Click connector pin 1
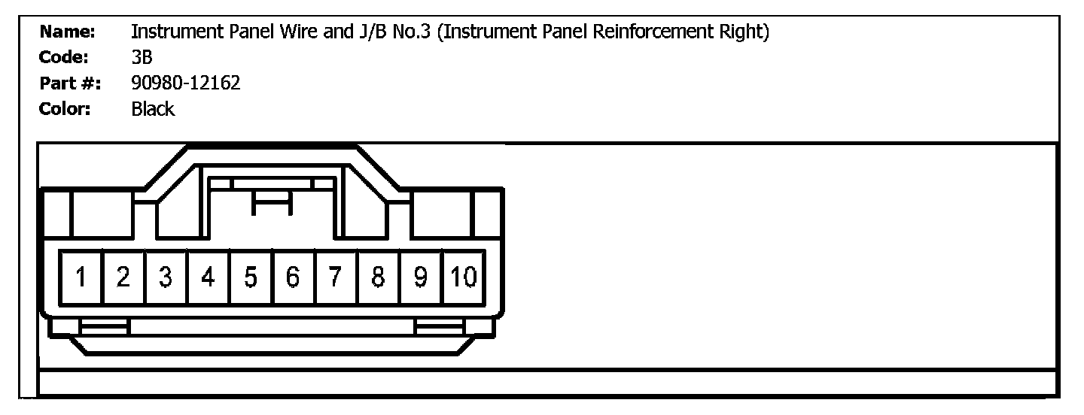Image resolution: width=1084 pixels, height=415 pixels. pos(81,277)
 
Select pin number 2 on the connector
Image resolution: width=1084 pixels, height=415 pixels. pos(124,277)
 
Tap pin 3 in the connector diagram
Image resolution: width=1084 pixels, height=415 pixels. pos(166,277)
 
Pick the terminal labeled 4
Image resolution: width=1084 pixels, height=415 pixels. pos(209,277)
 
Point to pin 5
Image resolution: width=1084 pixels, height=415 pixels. pos(251,277)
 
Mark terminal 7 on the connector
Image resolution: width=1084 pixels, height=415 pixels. pos(336,277)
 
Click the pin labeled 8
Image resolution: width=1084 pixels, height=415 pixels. pos(379,277)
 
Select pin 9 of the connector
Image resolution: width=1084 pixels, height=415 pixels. pos(422,277)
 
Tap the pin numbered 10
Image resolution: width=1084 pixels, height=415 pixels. pos(464,277)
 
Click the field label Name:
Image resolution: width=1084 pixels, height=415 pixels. pos(67,32)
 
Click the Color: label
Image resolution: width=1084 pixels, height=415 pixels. pos(65,109)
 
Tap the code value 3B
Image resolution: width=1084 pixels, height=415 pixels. pos(142,58)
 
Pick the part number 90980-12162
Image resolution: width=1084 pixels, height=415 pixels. pos(185,83)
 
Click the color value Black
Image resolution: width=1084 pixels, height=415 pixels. pos(153,109)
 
